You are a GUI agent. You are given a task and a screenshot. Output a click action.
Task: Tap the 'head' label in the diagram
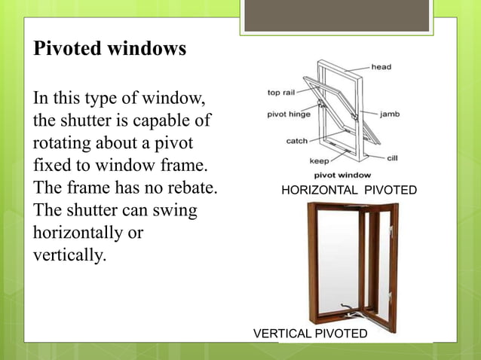pos(381,67)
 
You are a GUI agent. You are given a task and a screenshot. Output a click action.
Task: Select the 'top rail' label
pos(281,93)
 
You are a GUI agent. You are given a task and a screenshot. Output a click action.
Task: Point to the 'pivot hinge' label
pos(287,115)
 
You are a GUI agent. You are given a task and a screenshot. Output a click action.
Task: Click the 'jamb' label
pos(389,114)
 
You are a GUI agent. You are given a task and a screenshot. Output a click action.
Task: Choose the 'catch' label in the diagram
pos(296,141)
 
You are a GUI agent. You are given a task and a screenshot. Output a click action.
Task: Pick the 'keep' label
pos(320,160)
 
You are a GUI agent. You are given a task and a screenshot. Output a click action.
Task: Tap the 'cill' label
pos(392,157)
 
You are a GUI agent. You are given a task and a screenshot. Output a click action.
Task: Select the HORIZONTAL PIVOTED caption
pos(348,191)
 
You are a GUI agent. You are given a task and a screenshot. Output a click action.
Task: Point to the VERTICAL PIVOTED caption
pos(310,333)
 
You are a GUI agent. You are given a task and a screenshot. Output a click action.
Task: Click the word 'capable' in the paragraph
pos(164,121)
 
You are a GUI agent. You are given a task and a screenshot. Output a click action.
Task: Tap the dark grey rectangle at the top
pos(336,15)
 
